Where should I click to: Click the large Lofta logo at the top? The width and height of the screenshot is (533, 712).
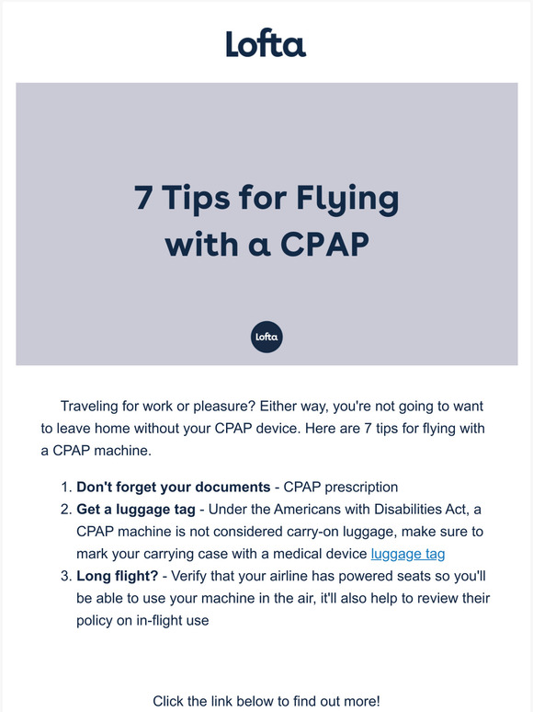coord(266,43)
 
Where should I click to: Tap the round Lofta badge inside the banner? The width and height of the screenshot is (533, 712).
coord(266,338)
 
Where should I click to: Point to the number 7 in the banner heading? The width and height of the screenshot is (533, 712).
coord(143,199)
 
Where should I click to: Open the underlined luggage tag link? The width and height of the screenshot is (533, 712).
coord(407,554)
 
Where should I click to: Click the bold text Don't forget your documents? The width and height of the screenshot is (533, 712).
coord(173,488)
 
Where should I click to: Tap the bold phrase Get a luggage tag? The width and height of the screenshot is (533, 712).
coord(138,510)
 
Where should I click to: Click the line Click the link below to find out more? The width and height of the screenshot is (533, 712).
coord(266,701)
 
